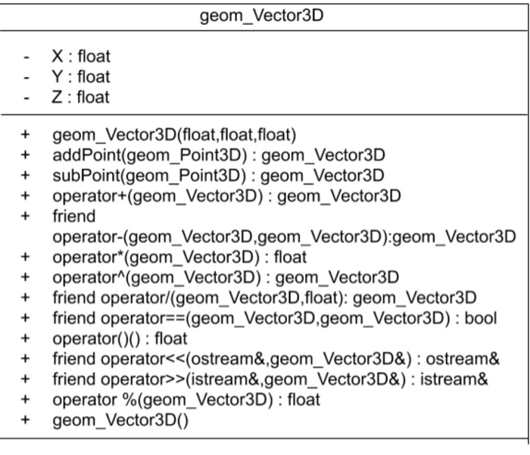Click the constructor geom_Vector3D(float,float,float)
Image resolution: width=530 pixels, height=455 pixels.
click(x=173, y=136)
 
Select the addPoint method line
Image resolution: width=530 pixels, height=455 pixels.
click(x=218, y=155)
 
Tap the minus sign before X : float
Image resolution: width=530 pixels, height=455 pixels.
click(x=27, y=57)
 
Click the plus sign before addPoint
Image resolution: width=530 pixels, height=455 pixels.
click(x=27, y=155)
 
